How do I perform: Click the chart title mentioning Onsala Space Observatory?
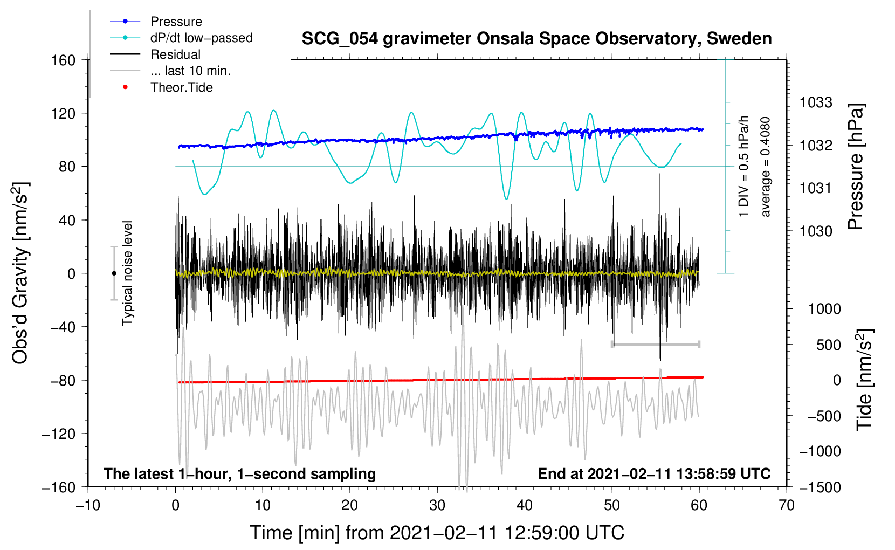536,39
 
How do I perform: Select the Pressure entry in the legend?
176,22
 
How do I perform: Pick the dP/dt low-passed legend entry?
201,38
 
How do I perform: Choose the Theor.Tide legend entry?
181,87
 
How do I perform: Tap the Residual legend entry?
175,54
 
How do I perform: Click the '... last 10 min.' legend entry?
190,71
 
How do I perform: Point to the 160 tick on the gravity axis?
64,60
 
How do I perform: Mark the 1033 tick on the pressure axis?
815,102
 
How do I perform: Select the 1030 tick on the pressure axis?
815,231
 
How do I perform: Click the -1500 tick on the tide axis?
820,487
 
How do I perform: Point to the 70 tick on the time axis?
787,506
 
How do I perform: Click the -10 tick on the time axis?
88,506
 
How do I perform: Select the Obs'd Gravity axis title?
20,273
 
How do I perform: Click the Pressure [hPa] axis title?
856,167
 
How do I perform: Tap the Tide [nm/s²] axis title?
865,380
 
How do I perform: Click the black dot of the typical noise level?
114,273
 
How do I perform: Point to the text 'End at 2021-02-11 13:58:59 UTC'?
654,474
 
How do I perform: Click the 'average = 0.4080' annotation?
766,167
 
